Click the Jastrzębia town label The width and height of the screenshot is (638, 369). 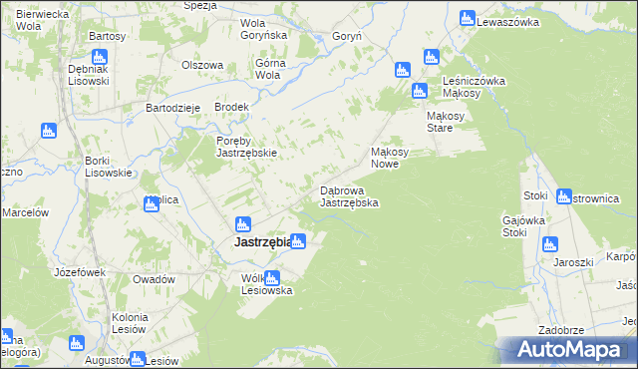pos(262,242)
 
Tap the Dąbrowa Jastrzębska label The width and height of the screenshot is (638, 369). pos(348,195)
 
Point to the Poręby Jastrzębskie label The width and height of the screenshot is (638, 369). pos(246,147)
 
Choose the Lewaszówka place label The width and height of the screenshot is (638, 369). pos(507,21)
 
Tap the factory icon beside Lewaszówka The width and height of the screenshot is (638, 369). pos(467,18)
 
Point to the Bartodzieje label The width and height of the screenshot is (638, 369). pos(174,107)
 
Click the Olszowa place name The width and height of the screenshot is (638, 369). pos(201,65)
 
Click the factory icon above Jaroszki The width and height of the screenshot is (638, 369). pos(549,244)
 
